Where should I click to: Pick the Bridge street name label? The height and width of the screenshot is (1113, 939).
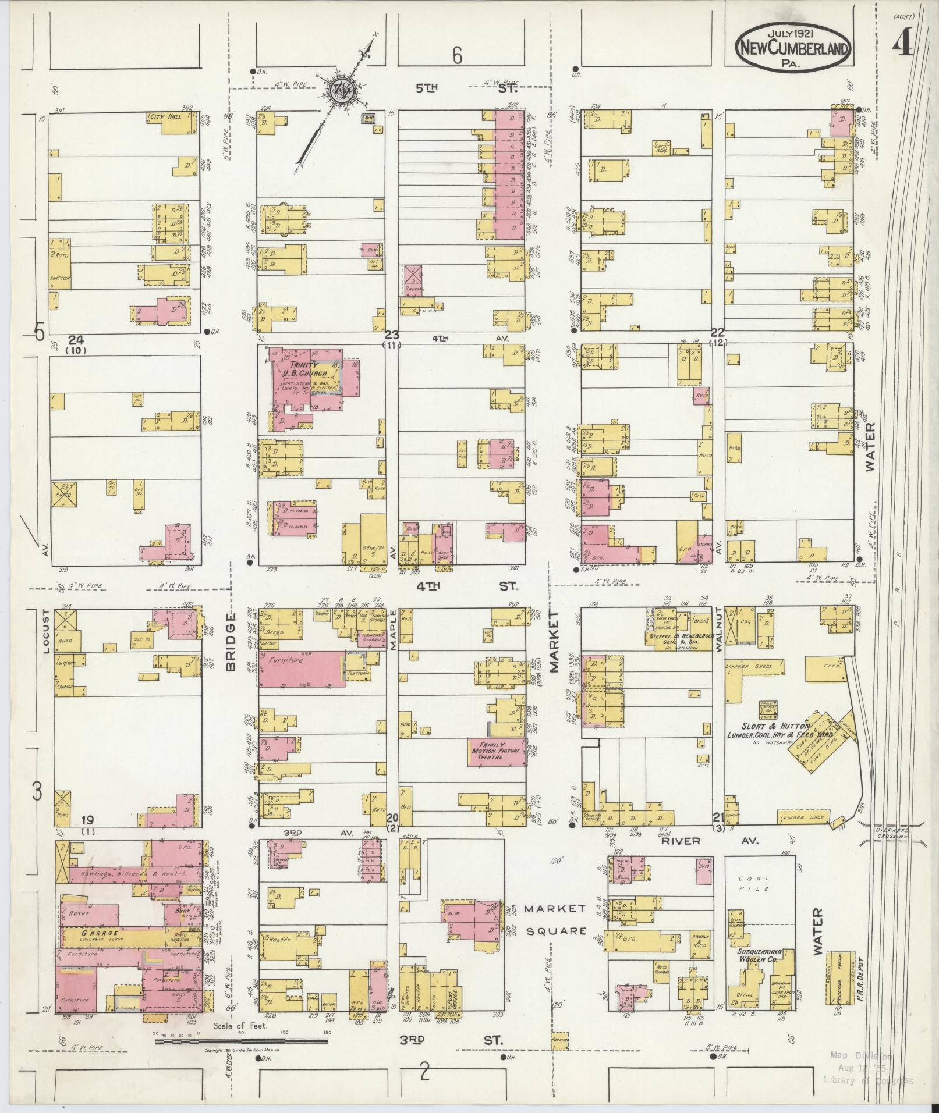(231, 641)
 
